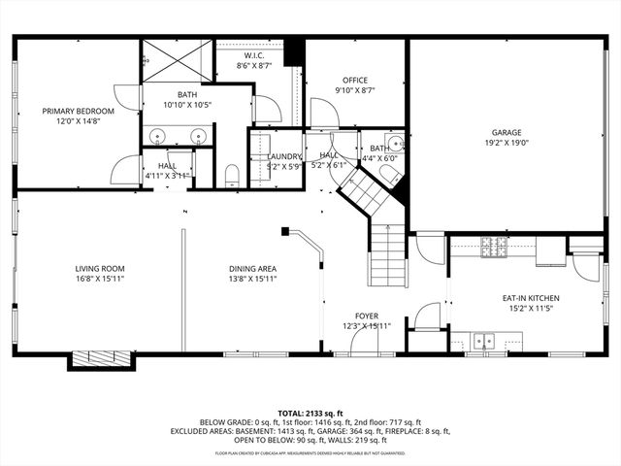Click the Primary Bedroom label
click(x=78, y=112)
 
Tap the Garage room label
click(x=506, y=132)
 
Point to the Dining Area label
click(x=252, y=269)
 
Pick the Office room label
click(x=355, y=80)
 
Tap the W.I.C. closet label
click(x=253, y=55)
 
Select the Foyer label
click(x=366, y=316)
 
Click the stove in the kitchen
click(x=495, y=249)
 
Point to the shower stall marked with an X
click(x=177, y=60)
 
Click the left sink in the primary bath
click(x=157, y=135)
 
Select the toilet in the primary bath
click(x=232, y=176)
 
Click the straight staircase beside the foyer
click(x=387, y=254)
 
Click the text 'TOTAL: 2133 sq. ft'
click(x=310, y=413)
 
